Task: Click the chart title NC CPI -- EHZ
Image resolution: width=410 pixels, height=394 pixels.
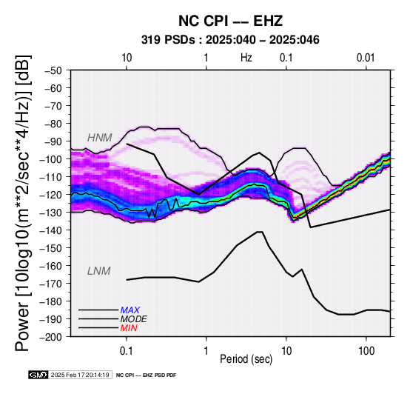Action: coord(230,21)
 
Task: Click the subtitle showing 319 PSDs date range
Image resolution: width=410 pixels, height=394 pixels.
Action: coord(230,40)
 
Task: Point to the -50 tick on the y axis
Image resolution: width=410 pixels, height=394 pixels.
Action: coord(53,70)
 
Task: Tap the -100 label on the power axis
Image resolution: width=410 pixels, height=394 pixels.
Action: coord(50,159)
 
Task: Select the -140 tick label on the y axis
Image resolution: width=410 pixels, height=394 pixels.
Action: coord(50,230)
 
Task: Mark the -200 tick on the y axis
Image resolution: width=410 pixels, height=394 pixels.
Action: coord(50,337)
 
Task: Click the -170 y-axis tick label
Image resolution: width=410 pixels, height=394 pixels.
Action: coord(50,284)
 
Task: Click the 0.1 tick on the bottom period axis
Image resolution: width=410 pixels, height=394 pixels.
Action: coord(127,351)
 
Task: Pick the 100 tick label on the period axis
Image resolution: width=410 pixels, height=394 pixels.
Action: coord(366,351)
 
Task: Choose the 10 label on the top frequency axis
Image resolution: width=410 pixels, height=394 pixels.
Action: coord(127,58)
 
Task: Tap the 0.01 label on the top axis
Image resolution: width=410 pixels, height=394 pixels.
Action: coord(366,58)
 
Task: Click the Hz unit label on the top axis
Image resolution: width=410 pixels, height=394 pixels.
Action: coord(246,58)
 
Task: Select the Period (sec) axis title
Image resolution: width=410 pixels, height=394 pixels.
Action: coord(246,359)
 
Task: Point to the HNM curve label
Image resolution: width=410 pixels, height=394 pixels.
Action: coord(100,138)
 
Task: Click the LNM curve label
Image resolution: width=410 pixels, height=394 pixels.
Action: coord(99,271)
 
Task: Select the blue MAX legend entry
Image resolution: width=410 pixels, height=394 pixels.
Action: coord(130,310)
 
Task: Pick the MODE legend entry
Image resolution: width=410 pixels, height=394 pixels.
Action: coord(134,319)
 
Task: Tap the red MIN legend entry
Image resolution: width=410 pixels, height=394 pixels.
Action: coord(129,328)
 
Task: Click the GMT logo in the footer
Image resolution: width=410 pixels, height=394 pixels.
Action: coord(38,375)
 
